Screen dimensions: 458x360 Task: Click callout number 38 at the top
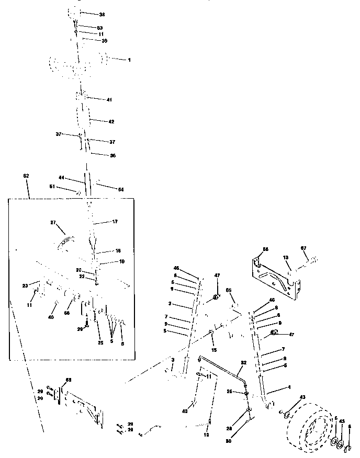102,14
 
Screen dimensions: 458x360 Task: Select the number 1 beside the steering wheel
129,60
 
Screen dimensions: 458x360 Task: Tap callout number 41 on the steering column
109,99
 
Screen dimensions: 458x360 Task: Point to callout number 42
111,121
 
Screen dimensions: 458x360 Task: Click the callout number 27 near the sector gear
52,223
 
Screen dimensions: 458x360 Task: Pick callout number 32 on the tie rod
243,362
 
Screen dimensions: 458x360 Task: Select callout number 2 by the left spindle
171,303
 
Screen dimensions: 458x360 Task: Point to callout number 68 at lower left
67,380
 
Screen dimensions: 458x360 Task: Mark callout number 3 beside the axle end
172,360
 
